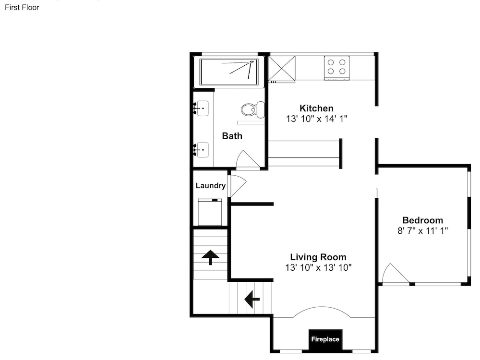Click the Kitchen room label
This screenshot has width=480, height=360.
(316, 108)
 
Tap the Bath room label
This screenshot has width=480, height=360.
(232, 136)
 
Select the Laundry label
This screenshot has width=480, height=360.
(211, 185)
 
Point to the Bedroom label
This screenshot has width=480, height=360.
(422, 220)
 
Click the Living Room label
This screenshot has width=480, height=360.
(318, 257)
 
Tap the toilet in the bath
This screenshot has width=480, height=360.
(253, 109)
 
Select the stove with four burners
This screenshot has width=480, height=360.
(336, 68)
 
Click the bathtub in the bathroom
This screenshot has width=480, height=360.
(228, 72)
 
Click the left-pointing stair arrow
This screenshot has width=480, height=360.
(252, 299)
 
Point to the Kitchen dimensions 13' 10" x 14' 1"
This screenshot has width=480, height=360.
(316, 119)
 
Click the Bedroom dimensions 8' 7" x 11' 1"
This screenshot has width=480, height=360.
(422, 231)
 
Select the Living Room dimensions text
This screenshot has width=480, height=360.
(318, 267)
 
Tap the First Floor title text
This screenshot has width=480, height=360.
(22, 7)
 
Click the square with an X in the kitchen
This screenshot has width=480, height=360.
(282, 69)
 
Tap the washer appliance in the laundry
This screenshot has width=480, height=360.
(210, 212)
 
